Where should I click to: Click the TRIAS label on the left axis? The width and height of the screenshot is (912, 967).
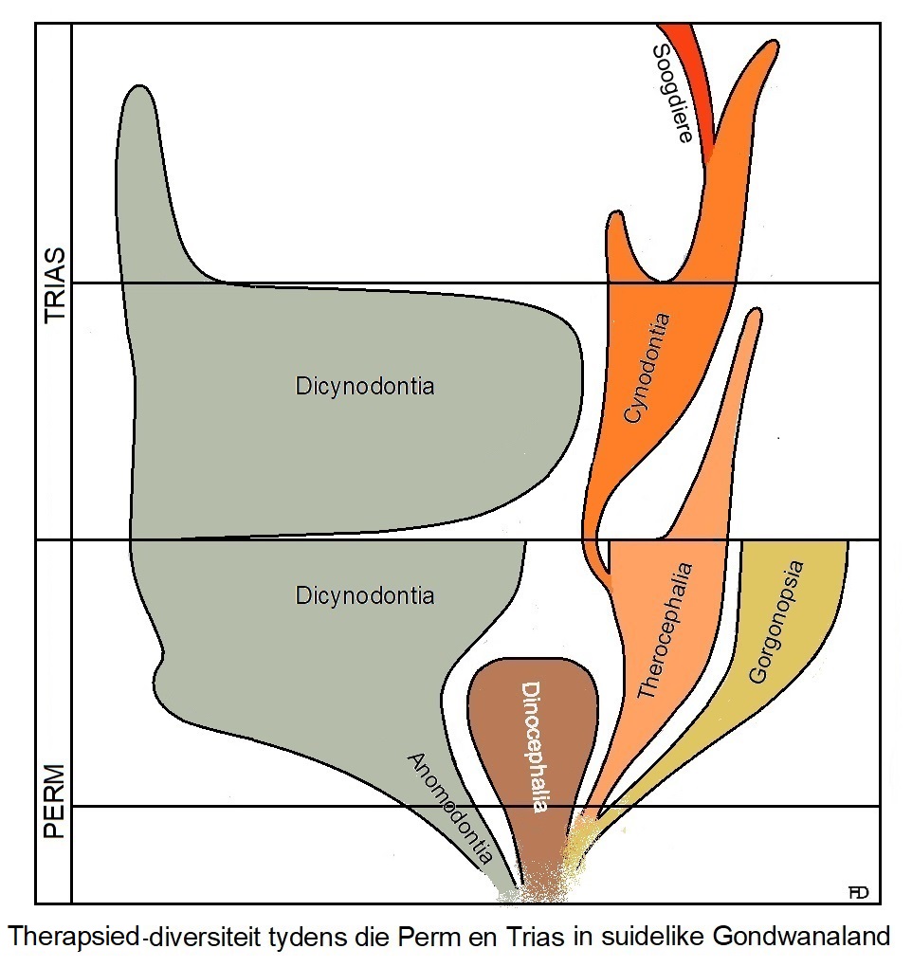(x=55, y=286)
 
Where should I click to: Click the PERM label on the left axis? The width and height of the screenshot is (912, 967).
(x=55, y=801)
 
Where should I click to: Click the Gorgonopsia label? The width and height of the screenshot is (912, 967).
(x=775, y=622)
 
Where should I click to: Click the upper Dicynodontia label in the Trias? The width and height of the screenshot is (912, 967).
(x=365, y=387)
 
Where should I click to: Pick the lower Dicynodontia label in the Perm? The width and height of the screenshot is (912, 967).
(x=365, y=595)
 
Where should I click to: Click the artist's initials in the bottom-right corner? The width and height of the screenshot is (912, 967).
(x=860, y=891)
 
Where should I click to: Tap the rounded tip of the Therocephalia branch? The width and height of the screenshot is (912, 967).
(x=753, y=318)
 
